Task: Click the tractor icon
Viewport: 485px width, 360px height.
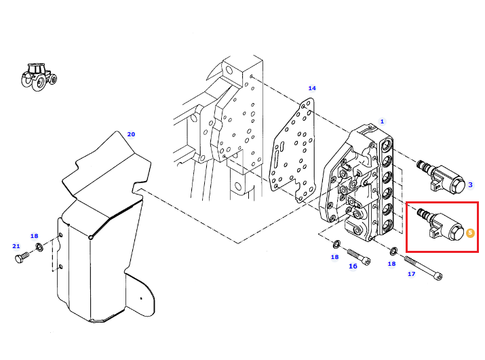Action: (x=39, y=77)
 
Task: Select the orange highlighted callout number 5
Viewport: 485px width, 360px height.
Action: (x=470, y=233)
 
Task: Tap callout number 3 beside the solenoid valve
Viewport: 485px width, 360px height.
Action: (x=470, y=184)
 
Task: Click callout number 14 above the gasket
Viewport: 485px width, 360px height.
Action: (x=312, y=88)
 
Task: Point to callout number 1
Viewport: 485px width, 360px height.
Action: (x=382, y=121)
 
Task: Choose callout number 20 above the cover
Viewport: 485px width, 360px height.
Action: (x=131, y=134)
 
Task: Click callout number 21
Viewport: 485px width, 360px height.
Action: (x=16, y=246)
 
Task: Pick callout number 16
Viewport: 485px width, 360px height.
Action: (x=353, y=266)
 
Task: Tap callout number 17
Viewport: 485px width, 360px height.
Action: (x=411, y=274)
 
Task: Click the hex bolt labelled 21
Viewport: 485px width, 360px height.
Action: (x=22, y=258)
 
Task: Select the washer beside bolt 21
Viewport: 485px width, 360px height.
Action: (x=39, y=247)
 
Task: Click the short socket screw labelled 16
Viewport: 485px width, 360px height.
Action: (x=359, y=257)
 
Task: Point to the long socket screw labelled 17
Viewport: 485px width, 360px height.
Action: (x=423, y=268)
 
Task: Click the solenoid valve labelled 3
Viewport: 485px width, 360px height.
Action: (x=441, y=176)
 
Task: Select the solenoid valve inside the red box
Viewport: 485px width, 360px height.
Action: (x=441, y=225)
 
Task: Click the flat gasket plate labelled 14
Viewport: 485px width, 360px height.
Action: (x=292, y=150)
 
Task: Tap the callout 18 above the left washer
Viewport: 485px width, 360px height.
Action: (x=34, y=236)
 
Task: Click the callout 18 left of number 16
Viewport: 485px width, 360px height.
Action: (x=334, y=257)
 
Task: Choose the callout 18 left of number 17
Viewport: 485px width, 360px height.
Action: (x=391, y=264)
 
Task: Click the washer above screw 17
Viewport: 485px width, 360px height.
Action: (x=393, y=251)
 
